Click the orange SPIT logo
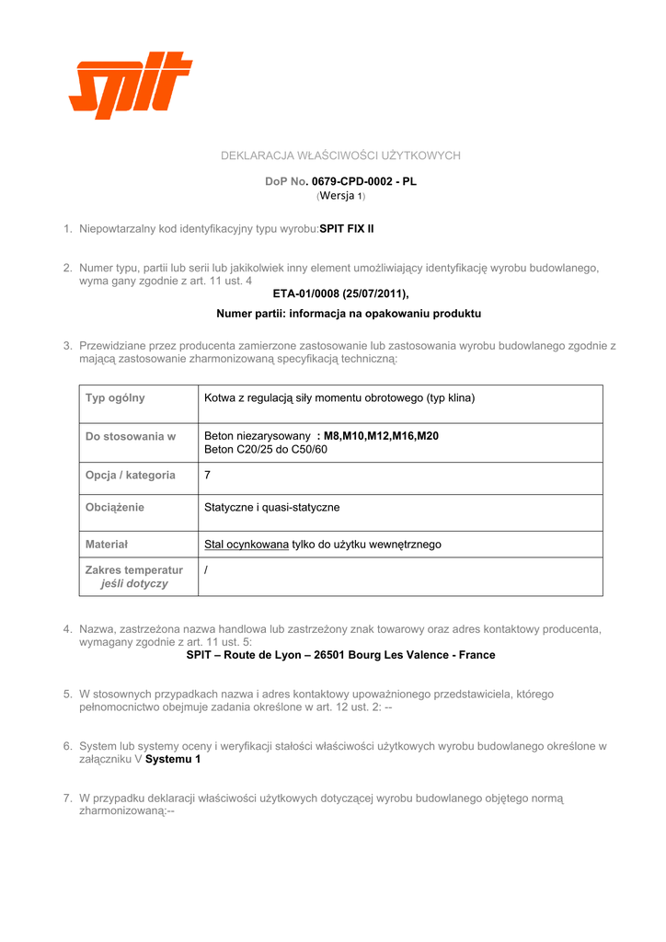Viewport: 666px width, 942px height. coord(130,86)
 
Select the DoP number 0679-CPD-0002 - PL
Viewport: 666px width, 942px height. coord(363,182)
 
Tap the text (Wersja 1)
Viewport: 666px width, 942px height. coord(340,196)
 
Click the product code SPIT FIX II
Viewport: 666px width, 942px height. coord(347,227)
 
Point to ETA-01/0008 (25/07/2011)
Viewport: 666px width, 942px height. coord(340,293)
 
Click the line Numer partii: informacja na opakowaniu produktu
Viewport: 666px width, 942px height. coord(349,314)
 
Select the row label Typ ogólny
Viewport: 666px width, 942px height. coord(115,398)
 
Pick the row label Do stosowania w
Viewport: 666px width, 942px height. coord(131,436)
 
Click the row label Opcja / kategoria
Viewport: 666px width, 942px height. coord(131,476)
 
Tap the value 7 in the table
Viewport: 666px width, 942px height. coord(207,476)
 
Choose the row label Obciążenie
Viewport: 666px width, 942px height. coord(115,507)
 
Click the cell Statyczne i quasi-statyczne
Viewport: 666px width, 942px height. coord(272,507)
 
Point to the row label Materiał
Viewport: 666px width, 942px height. coord(107,545)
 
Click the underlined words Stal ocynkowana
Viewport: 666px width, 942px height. coord(247,545)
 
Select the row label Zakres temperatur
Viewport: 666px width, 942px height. coord(134,570)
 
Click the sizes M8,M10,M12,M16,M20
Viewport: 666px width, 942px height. coord(382,436)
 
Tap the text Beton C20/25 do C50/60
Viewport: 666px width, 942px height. coord(266,450)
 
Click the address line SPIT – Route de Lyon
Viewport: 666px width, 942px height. coord(340,655)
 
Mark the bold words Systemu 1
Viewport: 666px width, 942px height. coord(173,760)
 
